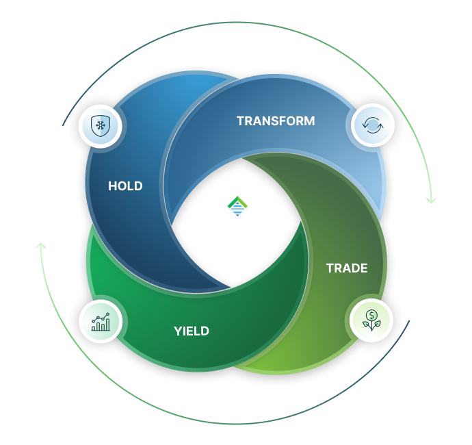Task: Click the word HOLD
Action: (x=125, y=186)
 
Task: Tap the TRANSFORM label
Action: (x=276, y=121)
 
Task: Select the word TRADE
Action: (x=346, y=268)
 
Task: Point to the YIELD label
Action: (x=192, y=331)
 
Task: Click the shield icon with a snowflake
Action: (x=101, y=127)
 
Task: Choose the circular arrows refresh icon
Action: (x=371, y=127)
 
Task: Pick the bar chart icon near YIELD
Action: (x=100, y=321)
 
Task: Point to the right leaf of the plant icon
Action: (x=376, y=324)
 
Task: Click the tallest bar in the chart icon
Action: (x=107, y=324)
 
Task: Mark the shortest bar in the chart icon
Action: (x=94, y=327)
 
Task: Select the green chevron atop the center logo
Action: (x=236, y=201)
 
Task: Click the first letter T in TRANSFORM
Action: (x=240, y=121)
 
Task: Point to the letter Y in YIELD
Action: (x=177, y=331)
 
